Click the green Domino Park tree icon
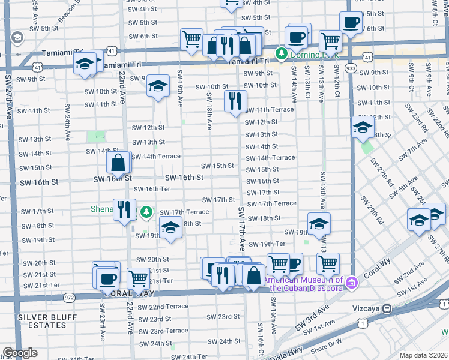280,55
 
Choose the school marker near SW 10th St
158,86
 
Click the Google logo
20,352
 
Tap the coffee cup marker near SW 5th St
350,22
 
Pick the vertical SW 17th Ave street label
241,229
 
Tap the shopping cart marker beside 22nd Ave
139,278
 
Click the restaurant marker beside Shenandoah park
124,209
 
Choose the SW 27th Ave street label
8,96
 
